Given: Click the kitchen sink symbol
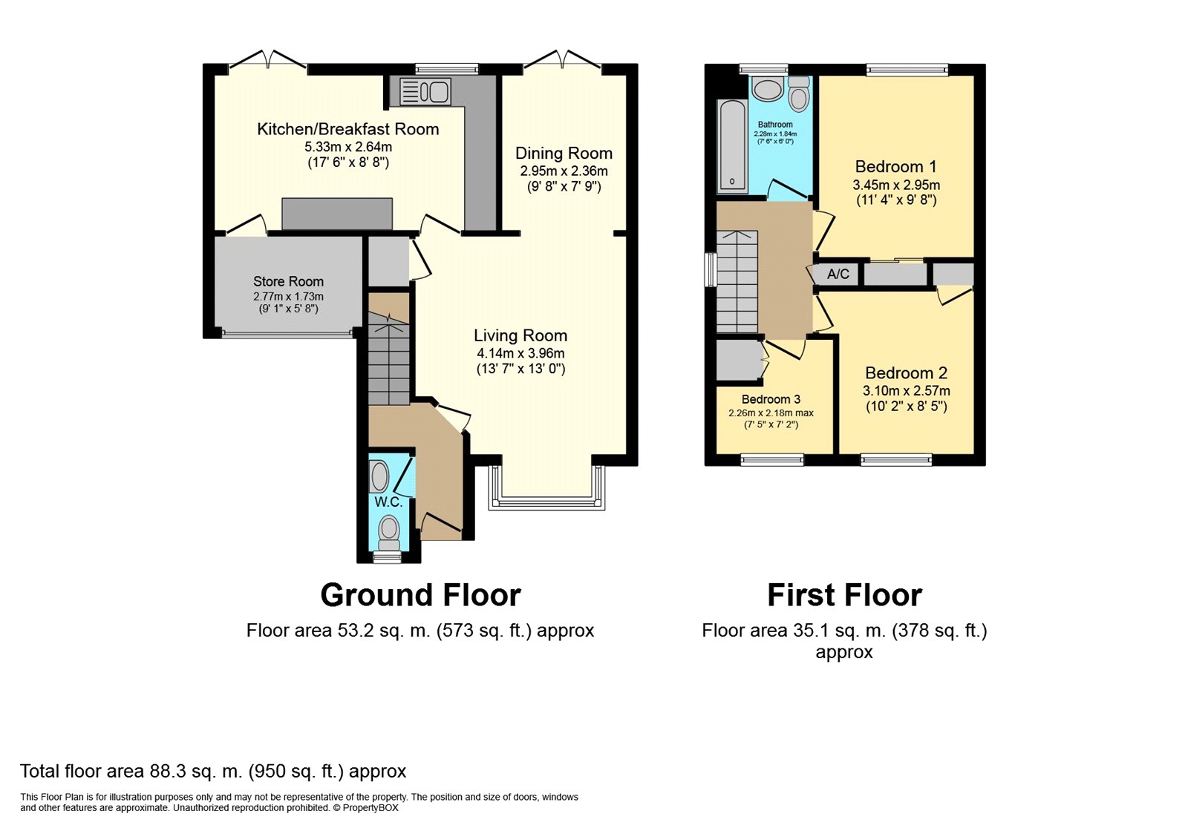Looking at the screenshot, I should click(425, 92).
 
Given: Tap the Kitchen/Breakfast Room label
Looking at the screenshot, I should click(347, 129).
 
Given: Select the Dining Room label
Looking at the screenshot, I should click(564, 154).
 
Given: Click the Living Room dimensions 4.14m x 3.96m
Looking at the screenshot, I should click(520, 353).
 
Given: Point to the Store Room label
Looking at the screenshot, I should click(288, 281).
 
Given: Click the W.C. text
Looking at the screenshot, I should click(388, 502).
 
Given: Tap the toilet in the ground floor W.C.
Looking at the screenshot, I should click(388, 531).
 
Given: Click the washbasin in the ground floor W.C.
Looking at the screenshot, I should click(379, 477).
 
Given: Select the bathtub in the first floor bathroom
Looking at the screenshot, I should click(731, 145).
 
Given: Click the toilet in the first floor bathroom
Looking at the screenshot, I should click(799, 96).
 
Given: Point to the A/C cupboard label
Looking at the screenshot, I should click(838, 274).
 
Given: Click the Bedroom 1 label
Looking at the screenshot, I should click(895, 167).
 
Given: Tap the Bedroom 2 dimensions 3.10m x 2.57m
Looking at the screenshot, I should click(906, 391).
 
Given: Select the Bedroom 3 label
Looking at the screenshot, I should click(771, 399).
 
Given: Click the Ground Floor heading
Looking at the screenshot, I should click(420, 595).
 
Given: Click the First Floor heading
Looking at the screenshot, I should click(844, 595).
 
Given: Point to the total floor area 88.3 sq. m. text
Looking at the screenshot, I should click(213, 771).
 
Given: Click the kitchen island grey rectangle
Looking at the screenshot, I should click(337, 214).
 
